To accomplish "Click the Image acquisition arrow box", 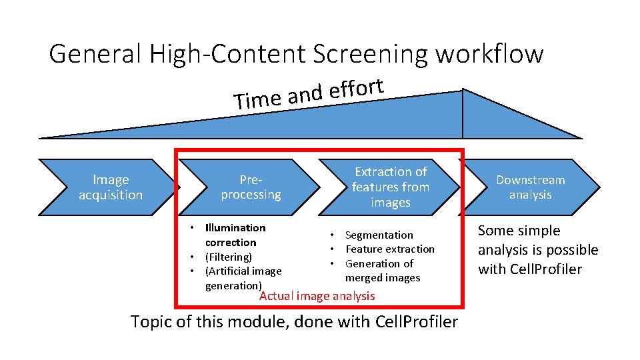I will coord(110,187).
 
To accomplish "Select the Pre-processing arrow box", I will coord(251,187).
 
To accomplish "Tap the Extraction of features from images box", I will coord(391,187).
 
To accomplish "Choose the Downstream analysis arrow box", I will coord(530,187).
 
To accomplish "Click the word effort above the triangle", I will coord(356,91).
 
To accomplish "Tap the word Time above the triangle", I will coord(257,100).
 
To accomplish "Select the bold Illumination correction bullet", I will coord(235,235).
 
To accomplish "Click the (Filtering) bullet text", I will coord(228,257).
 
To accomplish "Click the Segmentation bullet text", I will coord(379,235).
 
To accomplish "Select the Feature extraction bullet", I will coord(389,249).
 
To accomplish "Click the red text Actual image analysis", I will coord(317,296).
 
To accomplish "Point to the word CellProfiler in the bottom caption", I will coord(417,322).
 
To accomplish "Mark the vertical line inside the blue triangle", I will coord(463,113).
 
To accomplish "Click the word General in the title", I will coord(95,54).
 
